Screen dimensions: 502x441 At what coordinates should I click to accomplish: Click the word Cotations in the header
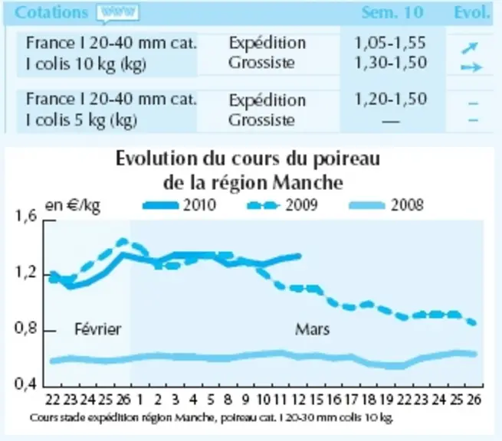tap(51, 13)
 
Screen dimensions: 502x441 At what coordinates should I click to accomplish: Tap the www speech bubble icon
tap(117, 13)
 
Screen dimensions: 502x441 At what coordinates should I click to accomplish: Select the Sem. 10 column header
tap(392, 13)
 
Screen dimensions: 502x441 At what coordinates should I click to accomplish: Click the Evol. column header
tap(472, 13)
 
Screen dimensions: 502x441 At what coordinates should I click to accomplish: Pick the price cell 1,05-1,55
tap(390, 43)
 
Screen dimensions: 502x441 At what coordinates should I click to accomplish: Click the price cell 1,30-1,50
tap(391, 63)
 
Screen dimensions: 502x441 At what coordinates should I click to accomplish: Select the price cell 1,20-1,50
tap(391, 99)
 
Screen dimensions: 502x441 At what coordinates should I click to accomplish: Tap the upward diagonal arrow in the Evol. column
tap(470, 47)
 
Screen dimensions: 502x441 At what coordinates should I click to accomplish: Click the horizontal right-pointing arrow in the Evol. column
tap(471, 67)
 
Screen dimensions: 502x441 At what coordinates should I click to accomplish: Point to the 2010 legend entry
tap(179, 204)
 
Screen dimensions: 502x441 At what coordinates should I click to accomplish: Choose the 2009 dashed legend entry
tap(282, 204)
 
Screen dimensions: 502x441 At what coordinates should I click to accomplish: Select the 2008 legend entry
tap(386, 204)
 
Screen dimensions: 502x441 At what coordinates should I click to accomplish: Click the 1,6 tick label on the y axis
tap(26, 216)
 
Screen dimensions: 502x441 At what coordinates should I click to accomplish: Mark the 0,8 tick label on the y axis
tap(26, 328)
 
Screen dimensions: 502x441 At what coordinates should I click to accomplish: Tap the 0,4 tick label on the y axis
tap(26, 383)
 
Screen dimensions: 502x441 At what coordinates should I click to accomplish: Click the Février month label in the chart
tap(98, 329)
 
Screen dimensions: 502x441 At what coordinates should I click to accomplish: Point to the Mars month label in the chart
tap(312, 329)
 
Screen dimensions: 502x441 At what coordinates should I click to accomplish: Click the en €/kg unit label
tap(73, 206)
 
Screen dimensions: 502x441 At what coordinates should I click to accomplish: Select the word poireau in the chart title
tap(346, 159)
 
